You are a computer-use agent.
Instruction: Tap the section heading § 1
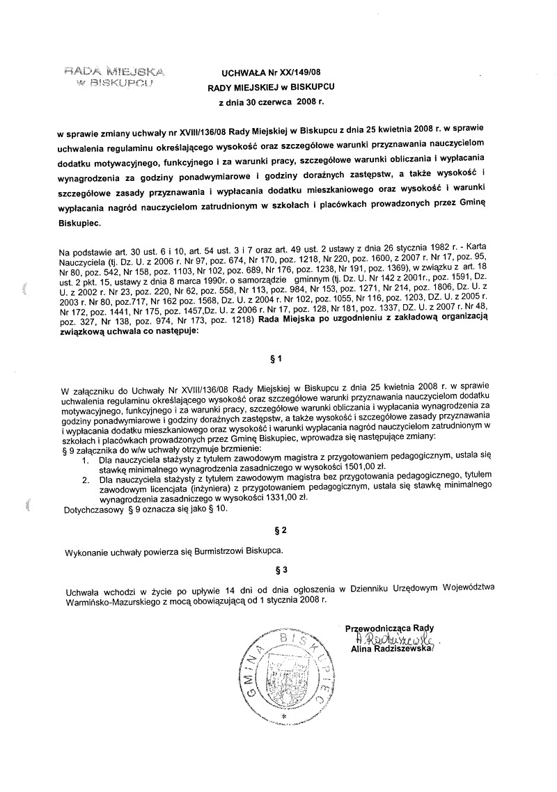tap(277, 360)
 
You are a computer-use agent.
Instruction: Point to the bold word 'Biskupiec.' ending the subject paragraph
tap(79, 224)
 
